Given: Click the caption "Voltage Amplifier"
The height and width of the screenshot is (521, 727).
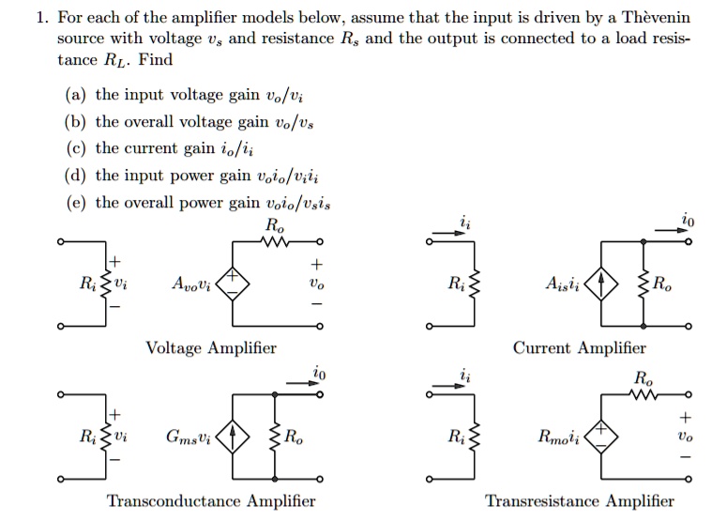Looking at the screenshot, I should click(211, 348).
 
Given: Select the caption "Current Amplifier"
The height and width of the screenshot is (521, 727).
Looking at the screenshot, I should click(579, 348).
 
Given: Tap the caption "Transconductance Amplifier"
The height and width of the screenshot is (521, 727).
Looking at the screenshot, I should click(211, 501).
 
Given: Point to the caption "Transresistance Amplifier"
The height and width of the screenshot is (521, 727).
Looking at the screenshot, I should click(579, 501).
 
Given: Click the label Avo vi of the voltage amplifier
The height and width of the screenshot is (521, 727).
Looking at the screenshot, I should click(191, 284).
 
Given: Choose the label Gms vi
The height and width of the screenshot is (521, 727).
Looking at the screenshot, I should click(189, 437).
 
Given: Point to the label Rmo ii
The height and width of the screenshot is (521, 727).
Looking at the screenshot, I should click(558, 437).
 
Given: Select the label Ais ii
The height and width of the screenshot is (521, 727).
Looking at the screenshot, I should click(561, 284).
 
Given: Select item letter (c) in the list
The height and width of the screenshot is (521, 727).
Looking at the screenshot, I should click(74, 148).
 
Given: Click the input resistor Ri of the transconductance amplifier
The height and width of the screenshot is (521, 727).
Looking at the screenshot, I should click(105, 437).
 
